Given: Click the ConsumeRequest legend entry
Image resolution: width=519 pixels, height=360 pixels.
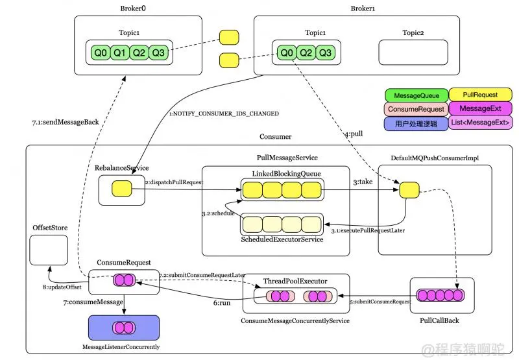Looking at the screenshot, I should point(414,109).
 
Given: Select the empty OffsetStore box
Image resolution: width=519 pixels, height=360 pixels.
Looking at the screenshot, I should point(49,250).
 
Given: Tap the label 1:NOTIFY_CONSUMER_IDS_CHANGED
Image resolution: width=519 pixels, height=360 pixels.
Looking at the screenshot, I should point(224,114).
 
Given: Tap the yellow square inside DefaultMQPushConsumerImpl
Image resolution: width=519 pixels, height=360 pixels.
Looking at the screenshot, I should point(408,189).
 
